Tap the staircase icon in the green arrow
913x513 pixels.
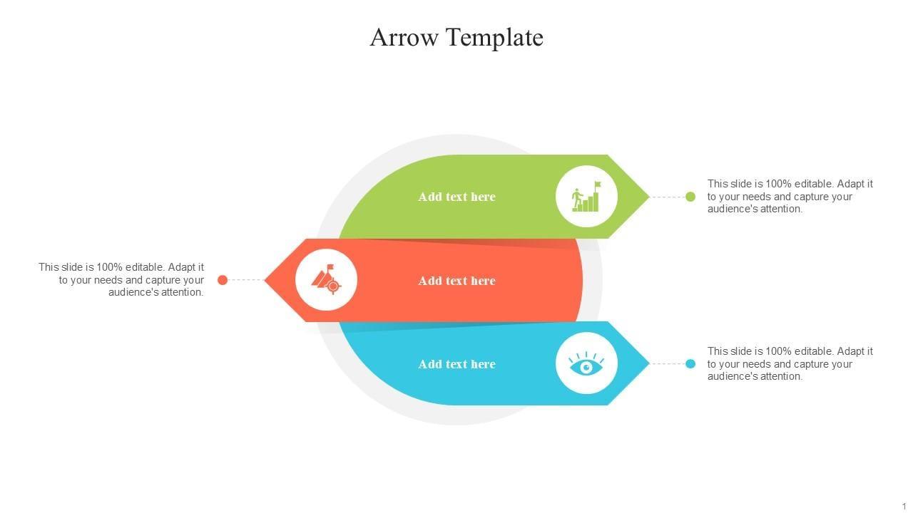point(586,197)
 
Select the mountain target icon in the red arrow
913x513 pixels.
point(326,279)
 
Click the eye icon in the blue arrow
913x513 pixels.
point(586,364)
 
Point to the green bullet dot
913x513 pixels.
point(690,197)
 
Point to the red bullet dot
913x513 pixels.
point(223,280)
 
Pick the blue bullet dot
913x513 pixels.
point(690,364)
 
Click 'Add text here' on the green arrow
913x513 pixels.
point(456,197)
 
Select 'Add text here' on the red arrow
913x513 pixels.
point(456,281)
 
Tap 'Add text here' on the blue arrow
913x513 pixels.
point(456,364)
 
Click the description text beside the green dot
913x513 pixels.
point(790,197)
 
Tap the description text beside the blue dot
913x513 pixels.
point(790,364)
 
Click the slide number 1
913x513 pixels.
point(904,506)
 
